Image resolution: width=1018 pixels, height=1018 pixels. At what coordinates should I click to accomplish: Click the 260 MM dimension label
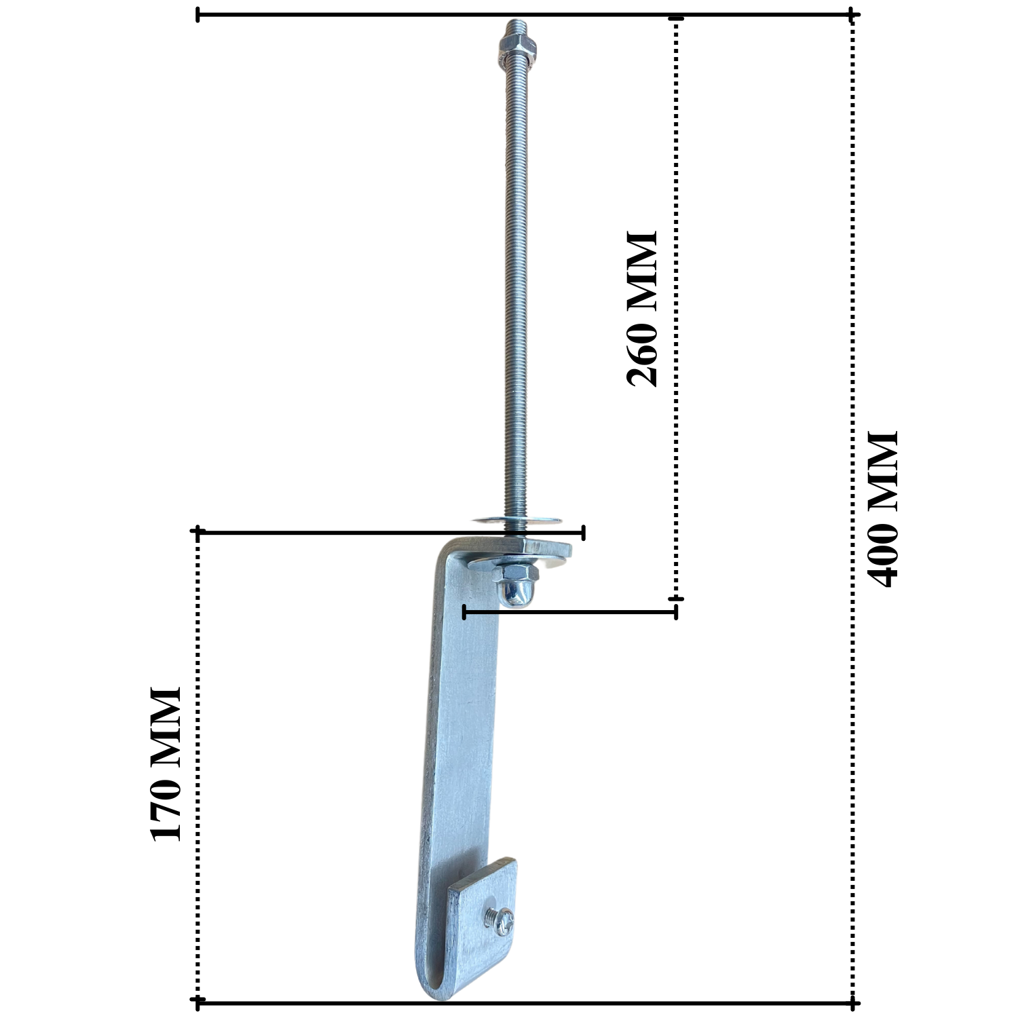[x=642, y=309]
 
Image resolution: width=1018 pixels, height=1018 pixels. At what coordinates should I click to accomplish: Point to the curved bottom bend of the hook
[x=441, y=987]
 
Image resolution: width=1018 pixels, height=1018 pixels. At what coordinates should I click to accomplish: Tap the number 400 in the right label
[x=883, y=553]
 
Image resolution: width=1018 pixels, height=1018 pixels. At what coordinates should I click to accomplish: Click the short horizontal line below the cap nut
[x=570, y=612]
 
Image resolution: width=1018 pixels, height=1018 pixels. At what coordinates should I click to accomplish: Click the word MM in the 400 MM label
[x=883, y=468]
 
